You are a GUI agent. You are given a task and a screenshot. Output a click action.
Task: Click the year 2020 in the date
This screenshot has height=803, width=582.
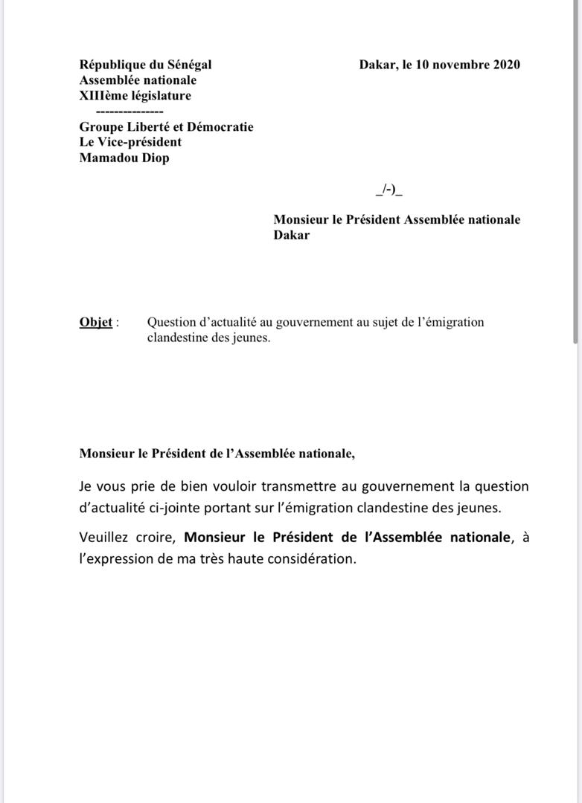(x=506, y=65)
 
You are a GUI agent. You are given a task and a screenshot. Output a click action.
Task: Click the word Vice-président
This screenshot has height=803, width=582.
(x=141, y=142)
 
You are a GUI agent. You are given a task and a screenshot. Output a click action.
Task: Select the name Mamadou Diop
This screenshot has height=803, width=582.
(x=124, y=158)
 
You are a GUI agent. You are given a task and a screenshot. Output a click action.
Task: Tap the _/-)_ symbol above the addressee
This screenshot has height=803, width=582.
(x=389, y=190)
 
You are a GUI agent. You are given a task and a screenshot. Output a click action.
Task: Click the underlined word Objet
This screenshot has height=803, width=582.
(x=96, y=323)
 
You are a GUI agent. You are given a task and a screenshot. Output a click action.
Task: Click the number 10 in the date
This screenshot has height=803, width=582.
(x=423, y=65)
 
